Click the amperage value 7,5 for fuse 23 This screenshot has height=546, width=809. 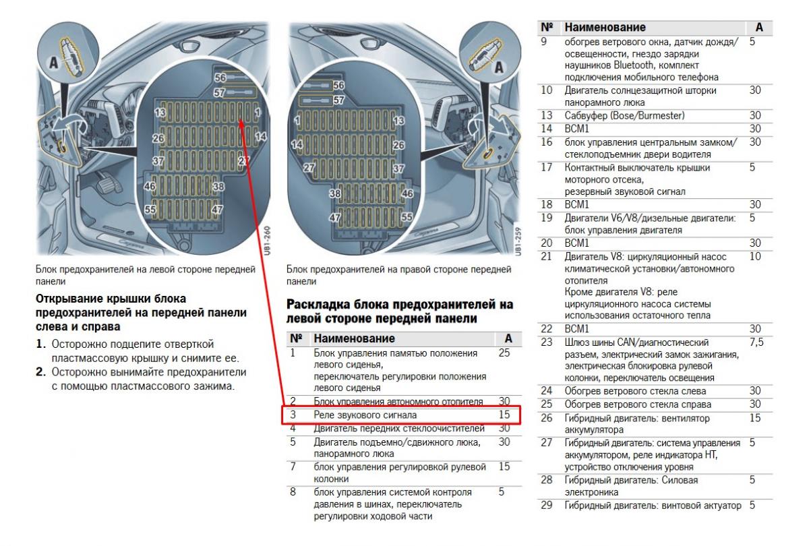click(x=756, y=343)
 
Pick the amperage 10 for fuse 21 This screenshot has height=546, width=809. click(x=755, y=256)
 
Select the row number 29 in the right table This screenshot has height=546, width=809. click(x=547, y=506)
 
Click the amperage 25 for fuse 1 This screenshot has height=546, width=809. click(x=504, y=353)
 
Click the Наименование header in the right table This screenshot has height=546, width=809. click(x=604, y=28)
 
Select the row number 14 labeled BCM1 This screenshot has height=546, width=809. click(x=547, y=128)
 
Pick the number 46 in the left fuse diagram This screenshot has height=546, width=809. click(x=150, y=186)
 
